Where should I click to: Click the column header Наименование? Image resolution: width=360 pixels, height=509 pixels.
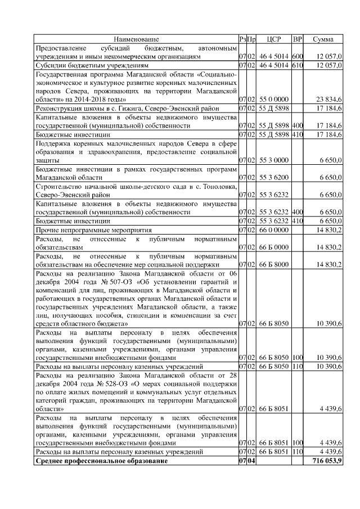136,39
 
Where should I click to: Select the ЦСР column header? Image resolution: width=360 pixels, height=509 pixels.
273,39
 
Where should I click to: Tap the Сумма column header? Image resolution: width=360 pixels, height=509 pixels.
323,39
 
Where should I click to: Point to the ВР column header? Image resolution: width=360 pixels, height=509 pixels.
298,39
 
